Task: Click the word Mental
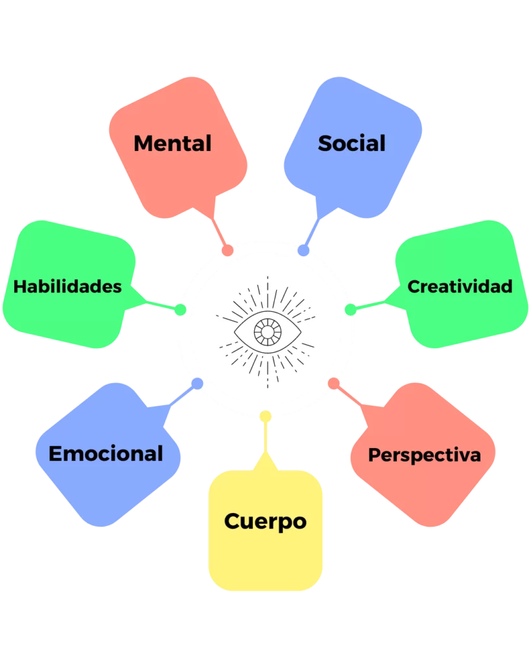point(172,143)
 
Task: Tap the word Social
point(351,143)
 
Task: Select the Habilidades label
point(67,286)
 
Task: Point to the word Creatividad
point(460,286)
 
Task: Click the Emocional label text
point(106,453)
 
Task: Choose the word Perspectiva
point(425,455)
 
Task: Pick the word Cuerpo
point(265,521)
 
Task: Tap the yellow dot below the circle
point(265,416)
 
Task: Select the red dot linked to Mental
point(228,250)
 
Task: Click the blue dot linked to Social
point(303,250)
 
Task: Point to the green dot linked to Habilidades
point(180,310)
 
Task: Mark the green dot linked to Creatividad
point(350,310)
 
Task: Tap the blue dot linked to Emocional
point(198,383)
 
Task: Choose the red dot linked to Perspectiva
point(333,383)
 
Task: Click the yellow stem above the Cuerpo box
point(265,441)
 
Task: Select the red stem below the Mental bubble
point(218,230)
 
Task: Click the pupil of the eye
point(266,331)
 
